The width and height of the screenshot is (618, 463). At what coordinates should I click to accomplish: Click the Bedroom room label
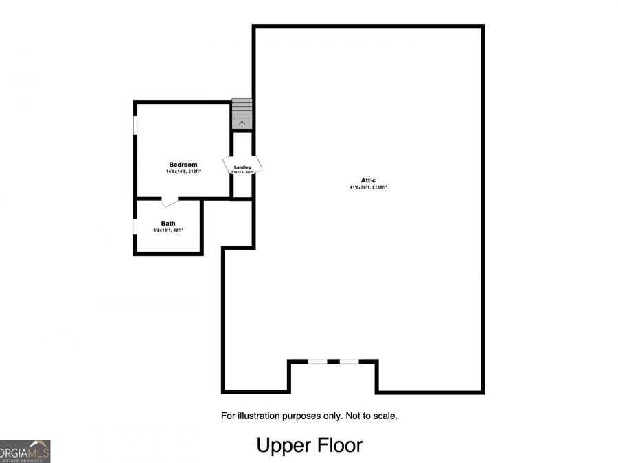183,165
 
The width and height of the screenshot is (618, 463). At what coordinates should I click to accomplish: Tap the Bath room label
168,224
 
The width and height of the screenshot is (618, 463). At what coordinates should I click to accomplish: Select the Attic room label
369,180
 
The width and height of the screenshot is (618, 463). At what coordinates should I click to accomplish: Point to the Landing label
242,167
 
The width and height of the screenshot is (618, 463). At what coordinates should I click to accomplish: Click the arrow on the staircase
242,124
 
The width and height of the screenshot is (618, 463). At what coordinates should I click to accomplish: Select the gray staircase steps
242,110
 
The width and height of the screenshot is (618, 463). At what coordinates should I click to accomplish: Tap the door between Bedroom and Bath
169,201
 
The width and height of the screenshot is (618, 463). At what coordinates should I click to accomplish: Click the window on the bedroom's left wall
135,125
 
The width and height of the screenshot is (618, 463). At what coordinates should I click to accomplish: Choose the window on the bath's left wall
135,226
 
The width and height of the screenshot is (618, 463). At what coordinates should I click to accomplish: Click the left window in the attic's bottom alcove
317,361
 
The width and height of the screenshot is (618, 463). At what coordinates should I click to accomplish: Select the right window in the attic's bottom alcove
349,361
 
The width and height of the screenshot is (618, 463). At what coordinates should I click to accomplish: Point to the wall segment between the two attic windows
333,361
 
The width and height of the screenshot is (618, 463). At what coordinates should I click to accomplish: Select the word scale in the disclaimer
385,416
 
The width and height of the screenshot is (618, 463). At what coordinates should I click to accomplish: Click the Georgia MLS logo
25,451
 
